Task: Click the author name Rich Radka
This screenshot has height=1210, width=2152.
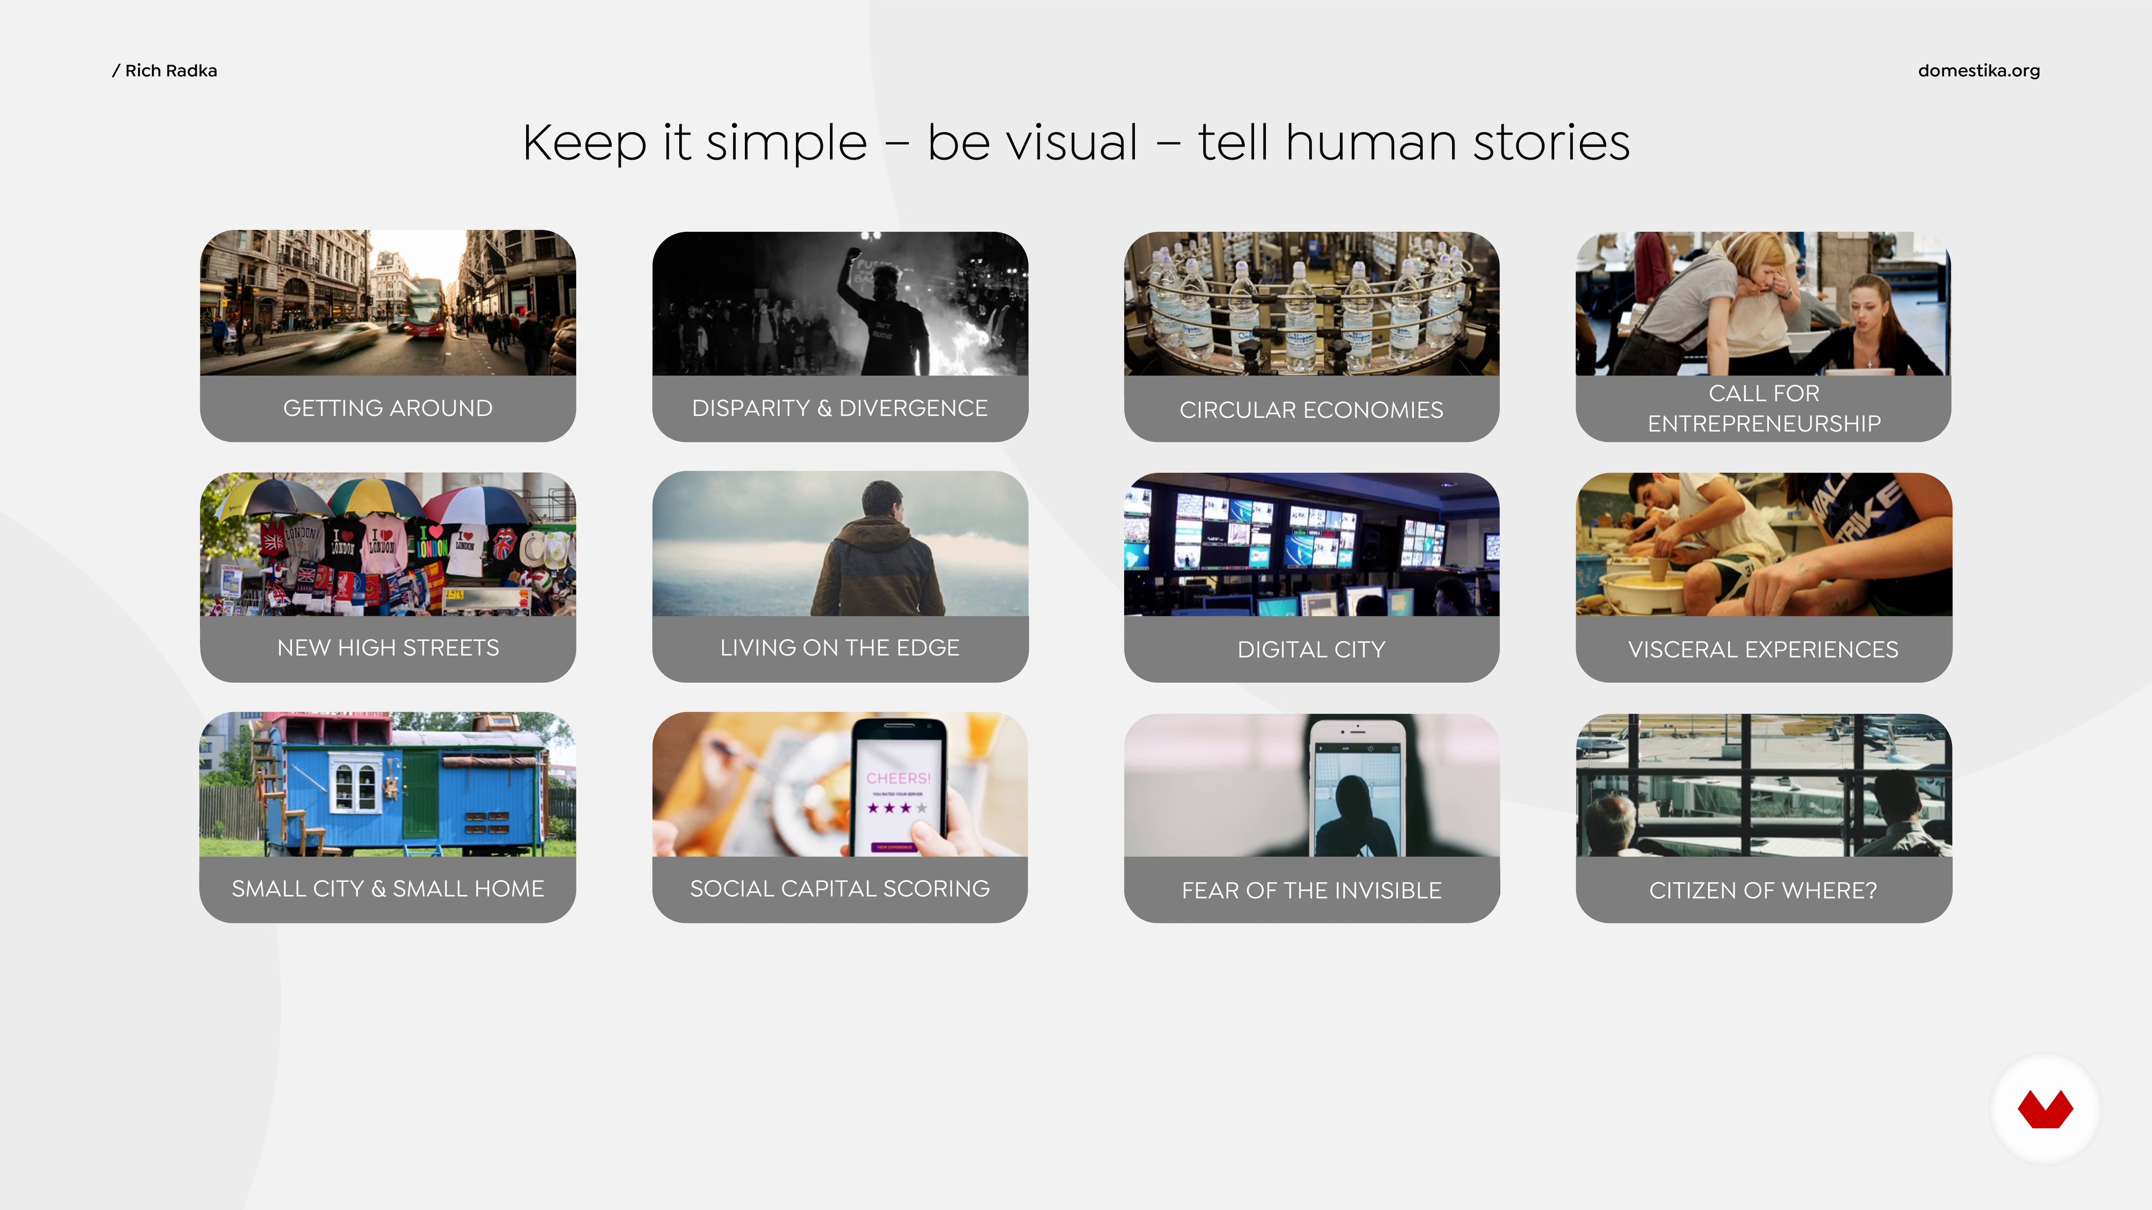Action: point(170,71)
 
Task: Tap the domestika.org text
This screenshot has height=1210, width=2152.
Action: point(1978,71)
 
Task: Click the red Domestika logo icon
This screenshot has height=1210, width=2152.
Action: point(2045,1109)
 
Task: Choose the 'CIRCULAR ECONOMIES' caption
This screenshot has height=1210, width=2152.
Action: point(1311,410)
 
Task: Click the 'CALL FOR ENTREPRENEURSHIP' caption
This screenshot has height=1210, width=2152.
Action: point(1764,408)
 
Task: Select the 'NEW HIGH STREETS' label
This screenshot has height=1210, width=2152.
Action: point(388,648)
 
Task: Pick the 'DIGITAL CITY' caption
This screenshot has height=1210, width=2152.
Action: point(1311,650)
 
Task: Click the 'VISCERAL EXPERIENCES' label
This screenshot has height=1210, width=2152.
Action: point(1764,650)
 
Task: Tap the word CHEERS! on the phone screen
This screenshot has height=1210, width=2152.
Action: point(898,778)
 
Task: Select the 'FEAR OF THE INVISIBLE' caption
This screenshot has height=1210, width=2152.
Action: point(1311,890)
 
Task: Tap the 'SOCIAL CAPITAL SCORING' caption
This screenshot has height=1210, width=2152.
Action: point(840,888)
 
